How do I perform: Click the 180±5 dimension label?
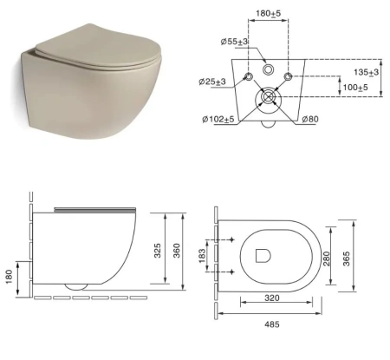coord(268,13)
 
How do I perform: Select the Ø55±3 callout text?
coord(234,42)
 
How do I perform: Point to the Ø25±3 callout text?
coord(212,82)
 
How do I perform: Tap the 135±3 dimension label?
coord(367,72)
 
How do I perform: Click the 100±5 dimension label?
coord(355,87)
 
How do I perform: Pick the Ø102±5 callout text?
coord(218,119)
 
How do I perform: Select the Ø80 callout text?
coord(310,119)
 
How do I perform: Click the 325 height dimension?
coord(157,251)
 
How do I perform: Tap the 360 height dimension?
coord(176,251)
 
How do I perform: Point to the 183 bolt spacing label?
coord(202,256)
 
